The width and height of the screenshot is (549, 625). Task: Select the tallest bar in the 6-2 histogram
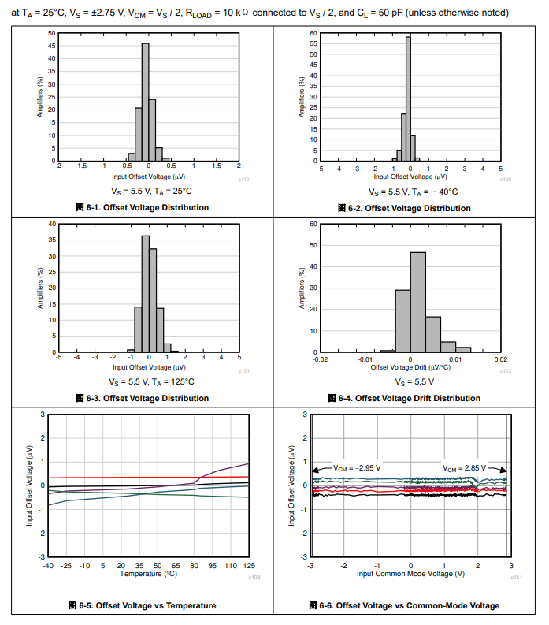[408, 99]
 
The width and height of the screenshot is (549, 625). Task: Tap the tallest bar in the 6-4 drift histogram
[417, 303]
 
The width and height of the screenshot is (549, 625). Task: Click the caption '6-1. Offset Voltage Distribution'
[142, 208]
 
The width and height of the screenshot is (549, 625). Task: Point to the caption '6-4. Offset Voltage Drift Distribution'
[407, 398]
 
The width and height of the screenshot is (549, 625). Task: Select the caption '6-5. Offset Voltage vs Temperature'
[142, 605]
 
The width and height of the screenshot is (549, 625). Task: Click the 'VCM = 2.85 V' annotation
[462, 467]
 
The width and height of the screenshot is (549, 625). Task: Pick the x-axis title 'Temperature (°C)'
[148, 574]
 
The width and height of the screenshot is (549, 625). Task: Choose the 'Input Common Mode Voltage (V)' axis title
[410, 574]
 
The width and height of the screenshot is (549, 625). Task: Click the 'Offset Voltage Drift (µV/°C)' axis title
[410, 367]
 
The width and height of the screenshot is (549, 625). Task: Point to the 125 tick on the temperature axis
[249, 566]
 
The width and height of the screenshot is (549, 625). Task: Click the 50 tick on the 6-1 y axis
[51, 34]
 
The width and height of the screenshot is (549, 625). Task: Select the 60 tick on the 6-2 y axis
[313, 34]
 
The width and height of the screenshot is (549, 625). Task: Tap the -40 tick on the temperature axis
[48, 566]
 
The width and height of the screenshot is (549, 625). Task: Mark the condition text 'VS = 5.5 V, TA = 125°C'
[148, 381]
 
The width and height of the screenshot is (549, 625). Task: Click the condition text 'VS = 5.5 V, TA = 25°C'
[148, 191]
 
